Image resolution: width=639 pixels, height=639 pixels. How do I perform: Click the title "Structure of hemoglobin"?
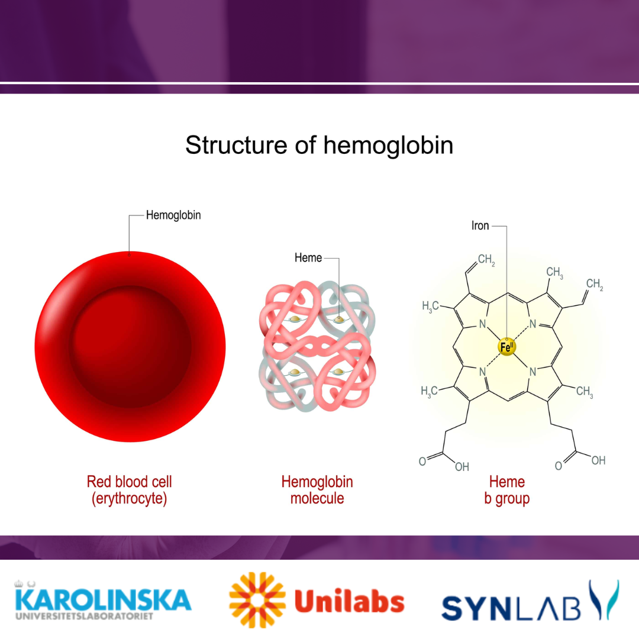[319, 145]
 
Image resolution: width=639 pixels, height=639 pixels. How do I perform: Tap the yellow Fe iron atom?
[506, 347]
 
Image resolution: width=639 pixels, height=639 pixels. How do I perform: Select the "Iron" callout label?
[480, 226]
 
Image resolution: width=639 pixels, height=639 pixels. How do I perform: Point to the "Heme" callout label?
[308, 258]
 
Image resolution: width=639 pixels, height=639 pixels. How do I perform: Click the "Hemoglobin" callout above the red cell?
[173, 215]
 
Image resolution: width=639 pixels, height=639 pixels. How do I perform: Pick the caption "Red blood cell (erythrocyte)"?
[129, 490]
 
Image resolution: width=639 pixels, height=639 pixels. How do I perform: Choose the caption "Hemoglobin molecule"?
[317, 490]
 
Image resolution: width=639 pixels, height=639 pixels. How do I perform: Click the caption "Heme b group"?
[506, 490]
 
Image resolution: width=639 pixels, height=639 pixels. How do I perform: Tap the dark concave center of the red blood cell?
[131, 347]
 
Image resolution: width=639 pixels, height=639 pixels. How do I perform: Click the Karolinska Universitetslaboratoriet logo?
[103, 601]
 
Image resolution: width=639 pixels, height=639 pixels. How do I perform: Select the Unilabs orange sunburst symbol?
[257, 600]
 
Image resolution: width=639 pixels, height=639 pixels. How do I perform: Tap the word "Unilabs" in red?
[349, 602]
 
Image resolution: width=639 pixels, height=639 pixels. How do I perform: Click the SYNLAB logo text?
[511, 608]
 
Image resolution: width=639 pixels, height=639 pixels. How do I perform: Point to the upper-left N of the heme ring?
[483, 324]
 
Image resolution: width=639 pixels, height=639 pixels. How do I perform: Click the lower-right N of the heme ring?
[532, 372]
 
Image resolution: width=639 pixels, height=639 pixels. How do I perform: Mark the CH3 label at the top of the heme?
[554, 273]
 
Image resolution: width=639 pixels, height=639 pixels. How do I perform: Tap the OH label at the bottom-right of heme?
[598, 460]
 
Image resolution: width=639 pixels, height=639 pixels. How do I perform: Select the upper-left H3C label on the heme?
[430, 306]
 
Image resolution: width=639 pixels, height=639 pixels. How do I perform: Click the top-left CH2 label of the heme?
[486, 260]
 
